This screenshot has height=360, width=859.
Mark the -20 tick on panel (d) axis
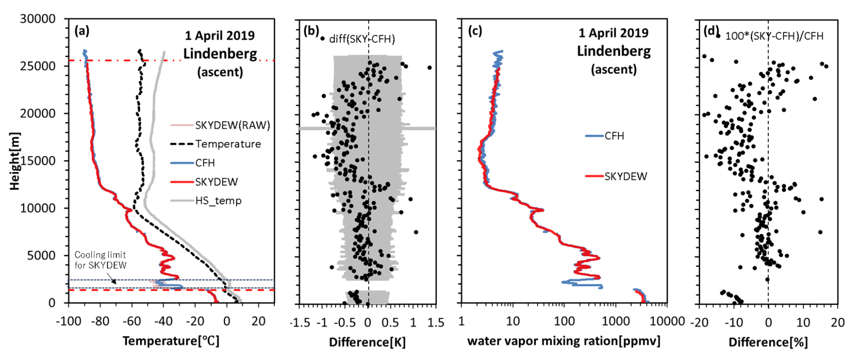(699, 322)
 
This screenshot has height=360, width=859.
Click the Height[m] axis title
(15, 161)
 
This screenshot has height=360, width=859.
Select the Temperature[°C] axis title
(171, 341)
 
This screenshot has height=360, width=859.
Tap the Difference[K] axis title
(367, 342)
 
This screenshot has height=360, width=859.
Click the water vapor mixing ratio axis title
(563, 341)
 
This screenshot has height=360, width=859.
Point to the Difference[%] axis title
(768, 342)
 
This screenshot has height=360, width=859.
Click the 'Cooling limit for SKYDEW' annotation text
(100, 260)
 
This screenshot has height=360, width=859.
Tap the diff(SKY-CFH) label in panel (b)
(362, 39)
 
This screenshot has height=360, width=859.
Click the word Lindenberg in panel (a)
(220, 54)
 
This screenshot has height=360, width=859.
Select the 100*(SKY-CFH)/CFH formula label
(774, 36)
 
